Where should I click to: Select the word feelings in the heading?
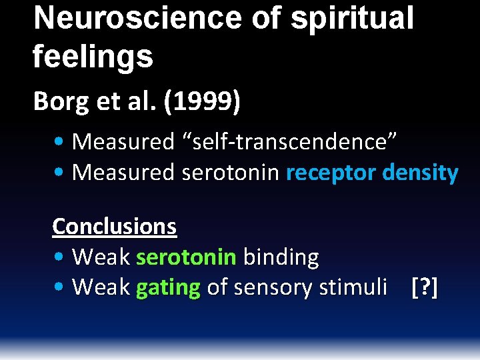(93, 57)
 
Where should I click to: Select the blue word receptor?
(331, 173)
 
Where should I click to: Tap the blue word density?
(421, 173)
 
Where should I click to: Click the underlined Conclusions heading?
(114, 226)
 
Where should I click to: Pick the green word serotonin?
(186, 257)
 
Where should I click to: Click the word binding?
(281, 257)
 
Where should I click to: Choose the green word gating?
(168, 288)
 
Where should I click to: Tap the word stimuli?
(353, 288)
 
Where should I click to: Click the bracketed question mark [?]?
(425, 288)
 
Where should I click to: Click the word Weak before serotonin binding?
(101, 257)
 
